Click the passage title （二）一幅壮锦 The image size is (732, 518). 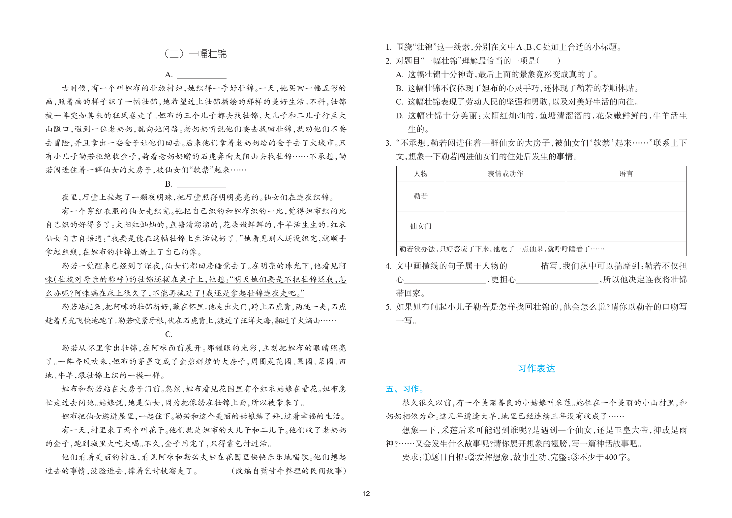196,54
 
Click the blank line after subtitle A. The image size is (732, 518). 201,76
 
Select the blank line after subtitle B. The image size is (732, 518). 201,185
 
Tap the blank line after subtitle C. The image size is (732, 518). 201,335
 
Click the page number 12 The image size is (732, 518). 366,494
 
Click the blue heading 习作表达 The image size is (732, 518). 536,368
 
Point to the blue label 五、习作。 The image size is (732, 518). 405,389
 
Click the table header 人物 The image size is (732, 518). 420,174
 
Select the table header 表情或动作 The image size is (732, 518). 505,174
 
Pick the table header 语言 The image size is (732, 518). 626,174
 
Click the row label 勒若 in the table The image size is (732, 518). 420,196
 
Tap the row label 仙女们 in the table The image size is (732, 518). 420,226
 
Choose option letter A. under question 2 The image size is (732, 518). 400,75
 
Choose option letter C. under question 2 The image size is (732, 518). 400,102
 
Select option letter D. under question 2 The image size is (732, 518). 400,116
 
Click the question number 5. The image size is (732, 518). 388,307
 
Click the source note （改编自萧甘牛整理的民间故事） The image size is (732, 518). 289,471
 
